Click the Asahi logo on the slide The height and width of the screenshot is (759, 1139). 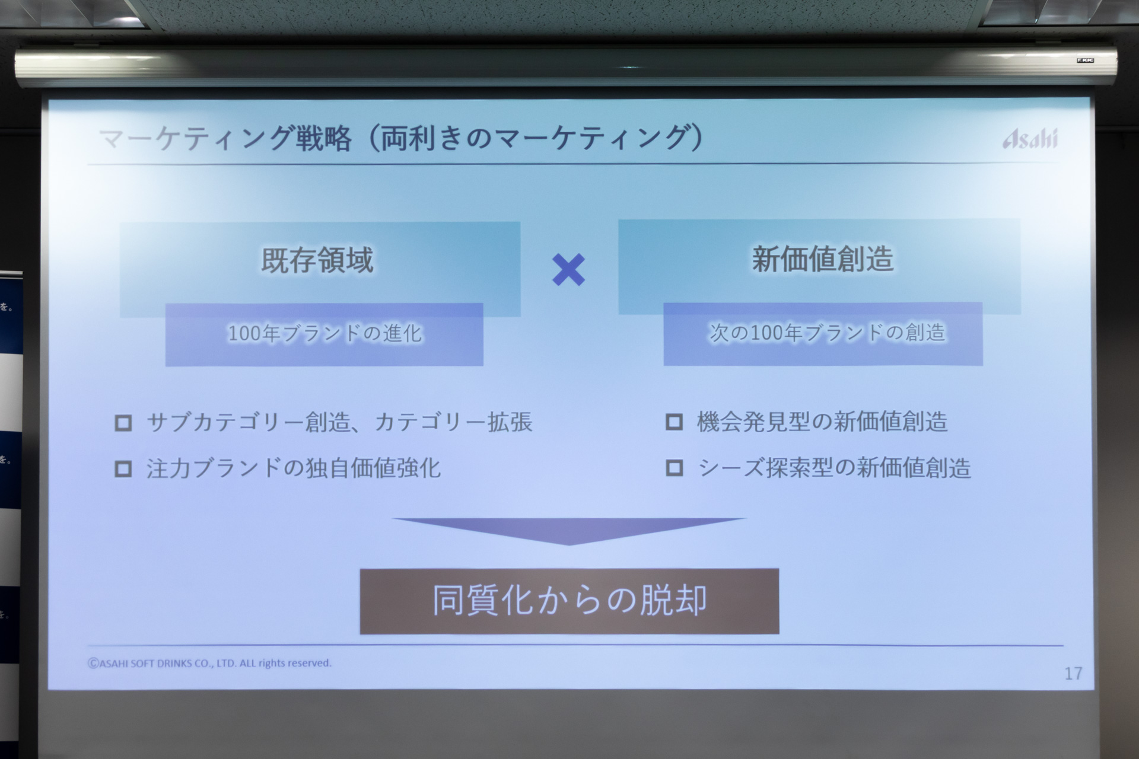point(1030,139)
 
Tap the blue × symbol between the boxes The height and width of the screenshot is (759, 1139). point(568,270)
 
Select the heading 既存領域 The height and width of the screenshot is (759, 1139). point(317,260)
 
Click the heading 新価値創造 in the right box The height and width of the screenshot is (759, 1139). point(822,259)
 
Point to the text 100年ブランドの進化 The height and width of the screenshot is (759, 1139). point(324,334)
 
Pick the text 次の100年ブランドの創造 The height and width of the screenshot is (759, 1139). point(827,333)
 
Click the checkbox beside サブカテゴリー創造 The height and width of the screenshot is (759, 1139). point(123,423)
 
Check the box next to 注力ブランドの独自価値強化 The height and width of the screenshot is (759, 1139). point(123,469)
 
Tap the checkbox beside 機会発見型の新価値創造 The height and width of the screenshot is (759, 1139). point(674,422)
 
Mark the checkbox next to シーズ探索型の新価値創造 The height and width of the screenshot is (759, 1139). point(674,468)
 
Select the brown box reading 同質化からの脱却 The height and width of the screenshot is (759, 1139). point(569,601)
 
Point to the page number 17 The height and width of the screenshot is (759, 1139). point(1073,674)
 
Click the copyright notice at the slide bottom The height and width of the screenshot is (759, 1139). point(209,664)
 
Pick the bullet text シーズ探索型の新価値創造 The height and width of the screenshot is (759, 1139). point(834,468)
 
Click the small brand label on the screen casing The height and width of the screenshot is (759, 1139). point(1085,60)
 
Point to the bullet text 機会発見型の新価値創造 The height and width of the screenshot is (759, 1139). point(822,422)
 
